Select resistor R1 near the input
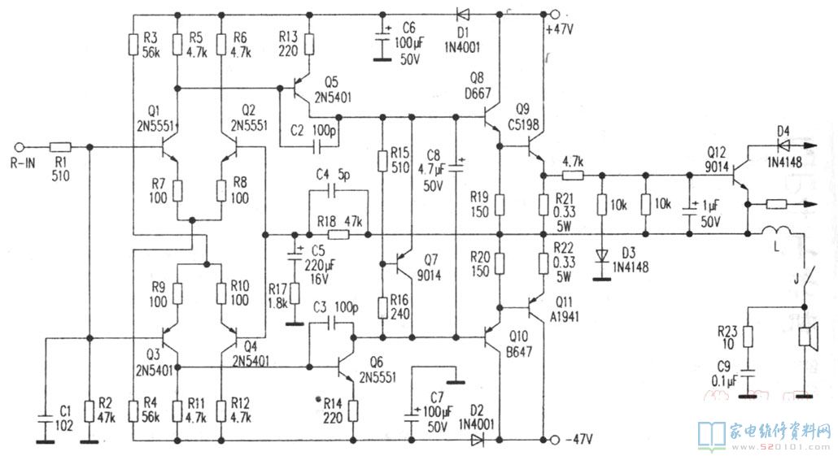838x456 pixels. click(x=61, y=147)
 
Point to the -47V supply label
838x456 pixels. click(x=577, y=440)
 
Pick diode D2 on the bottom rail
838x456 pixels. click(x=478, y=440)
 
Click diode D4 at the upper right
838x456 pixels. click(x=784, y=146)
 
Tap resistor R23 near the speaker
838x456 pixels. click(x=748, y=333)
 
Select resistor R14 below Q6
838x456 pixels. click(x=353, y=410)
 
